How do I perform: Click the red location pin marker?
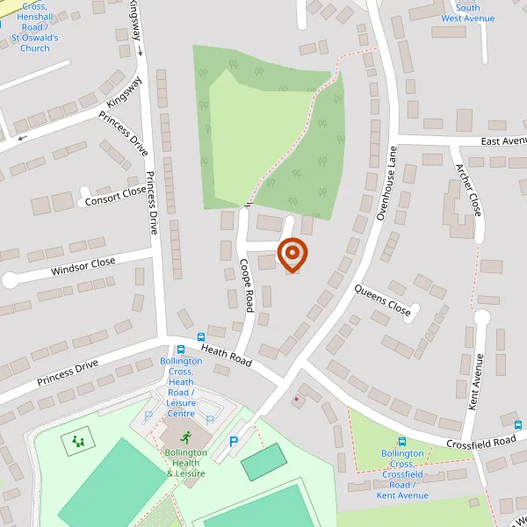[x=292, y=254]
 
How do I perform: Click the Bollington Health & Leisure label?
[x=185, y=463]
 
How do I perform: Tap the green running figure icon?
[x=186, y=437]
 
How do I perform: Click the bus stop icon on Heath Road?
[x=202, y=336]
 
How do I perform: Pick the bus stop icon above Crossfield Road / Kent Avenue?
[x=402, y=443]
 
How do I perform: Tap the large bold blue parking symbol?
[x=234, y=444]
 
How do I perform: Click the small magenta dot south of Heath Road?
[x=297, y=400]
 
